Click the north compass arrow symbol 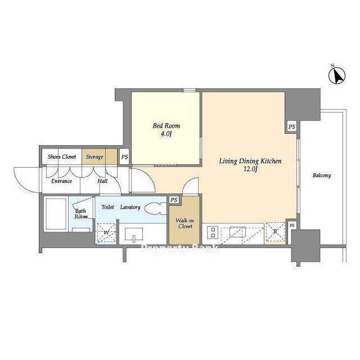click(337, 76)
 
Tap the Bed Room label click(166, 126)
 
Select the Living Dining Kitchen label click(250, 161)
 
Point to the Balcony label click(322, 175)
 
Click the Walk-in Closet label click(185, 223)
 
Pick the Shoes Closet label click(62, 156)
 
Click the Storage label click(94, 157)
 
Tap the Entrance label click(61, 181)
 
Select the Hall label click(102, 181)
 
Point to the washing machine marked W click(106, 232)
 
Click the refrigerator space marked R click(275, 232)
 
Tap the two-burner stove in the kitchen click(213, 232)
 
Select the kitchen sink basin click(238, 232)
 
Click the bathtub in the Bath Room click(56, 214)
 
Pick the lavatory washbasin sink click(134, 235)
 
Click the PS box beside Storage click(124, 157)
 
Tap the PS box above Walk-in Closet click(174, 200)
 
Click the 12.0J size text click(250, 169)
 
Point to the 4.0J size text click(166, 134)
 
